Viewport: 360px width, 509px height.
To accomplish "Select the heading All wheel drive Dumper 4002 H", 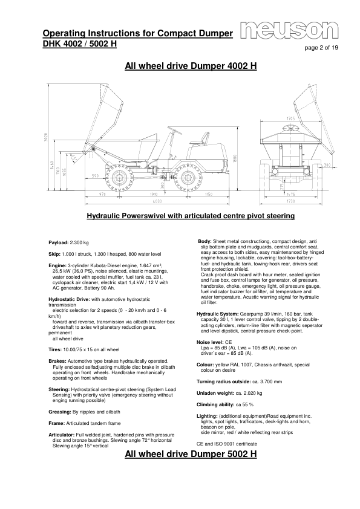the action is click(190, 66).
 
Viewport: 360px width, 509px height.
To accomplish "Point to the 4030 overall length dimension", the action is click(157, 200).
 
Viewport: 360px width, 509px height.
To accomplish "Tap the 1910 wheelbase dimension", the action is click(153, 193).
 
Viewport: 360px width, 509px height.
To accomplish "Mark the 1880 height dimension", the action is click(235, 158).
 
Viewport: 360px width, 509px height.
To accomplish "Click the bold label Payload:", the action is click(59, 242).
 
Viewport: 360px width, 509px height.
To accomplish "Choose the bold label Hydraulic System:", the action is click(218, 313).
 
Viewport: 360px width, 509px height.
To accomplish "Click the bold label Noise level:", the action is click(210, 341).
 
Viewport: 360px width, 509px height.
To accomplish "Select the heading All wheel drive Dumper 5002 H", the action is click(190, 454).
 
